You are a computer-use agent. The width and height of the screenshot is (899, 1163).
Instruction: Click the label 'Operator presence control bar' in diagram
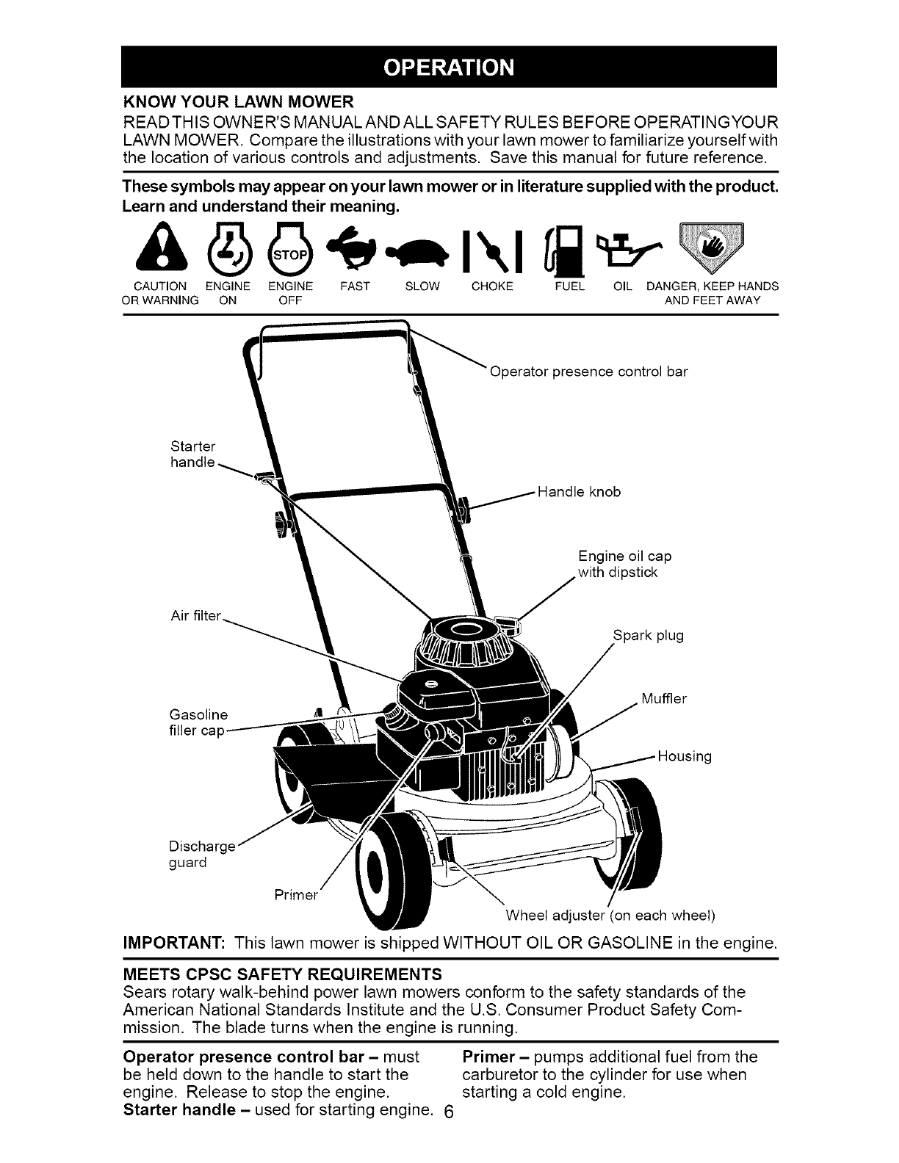(588, 372)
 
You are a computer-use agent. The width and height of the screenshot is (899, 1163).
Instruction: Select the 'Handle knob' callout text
(579, 492)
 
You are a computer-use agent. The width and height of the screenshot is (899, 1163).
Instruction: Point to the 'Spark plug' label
(648, 635)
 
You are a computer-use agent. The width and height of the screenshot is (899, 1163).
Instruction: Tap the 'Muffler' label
(663, 698)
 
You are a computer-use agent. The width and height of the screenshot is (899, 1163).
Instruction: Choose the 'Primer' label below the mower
(296, 895)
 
